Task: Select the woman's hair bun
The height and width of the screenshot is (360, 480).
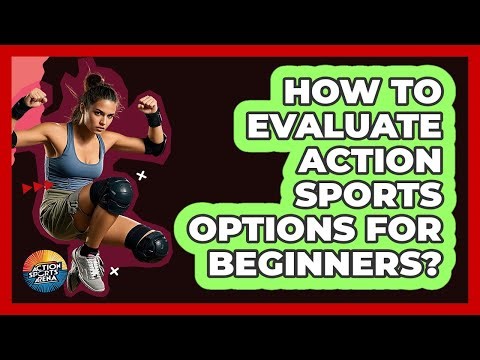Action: tap(94, 80)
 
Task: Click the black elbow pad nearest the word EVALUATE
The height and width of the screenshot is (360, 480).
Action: tap(154, 146)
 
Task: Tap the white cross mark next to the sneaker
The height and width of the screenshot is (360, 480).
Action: tap(116, 270)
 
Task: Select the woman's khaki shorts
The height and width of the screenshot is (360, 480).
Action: tap(70, 205)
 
